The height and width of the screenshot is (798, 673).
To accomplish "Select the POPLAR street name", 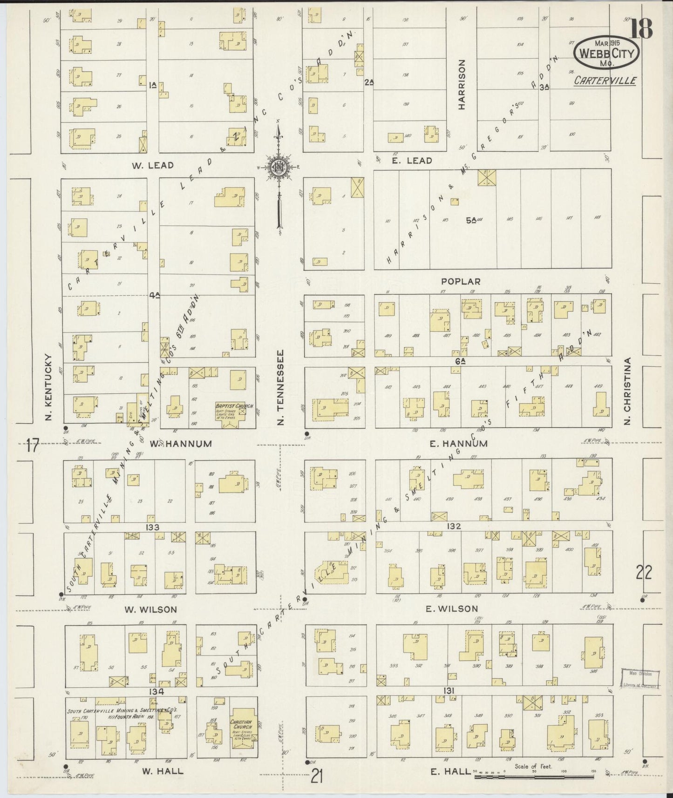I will [x=461, y=282].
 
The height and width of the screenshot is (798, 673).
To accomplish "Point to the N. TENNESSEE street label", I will [x=280, y=388].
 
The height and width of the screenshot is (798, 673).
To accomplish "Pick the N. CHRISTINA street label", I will [x=627, y=391].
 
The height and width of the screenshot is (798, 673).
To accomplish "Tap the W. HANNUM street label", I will [x=180, y=444].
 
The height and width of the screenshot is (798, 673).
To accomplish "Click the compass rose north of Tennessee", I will [x=278, y=169].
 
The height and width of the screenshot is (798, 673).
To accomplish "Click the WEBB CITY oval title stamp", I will [x=606, y=54].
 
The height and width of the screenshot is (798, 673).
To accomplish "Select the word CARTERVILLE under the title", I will [x=605, y=81].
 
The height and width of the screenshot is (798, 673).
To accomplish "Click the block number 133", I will [x=152, y=527].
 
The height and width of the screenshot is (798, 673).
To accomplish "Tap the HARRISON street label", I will [x=462, y=84].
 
